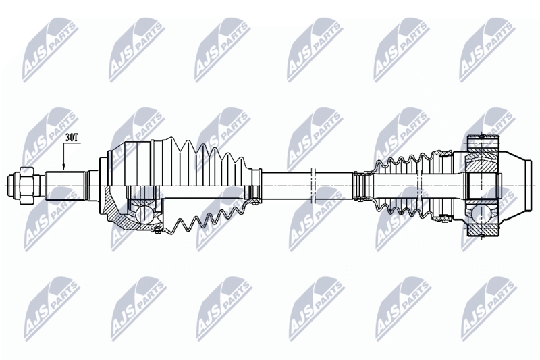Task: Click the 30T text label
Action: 72,138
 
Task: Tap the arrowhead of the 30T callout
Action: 63,166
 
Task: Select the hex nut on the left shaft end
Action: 27,185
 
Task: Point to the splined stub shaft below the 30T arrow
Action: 65,186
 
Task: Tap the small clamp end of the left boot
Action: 256,185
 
